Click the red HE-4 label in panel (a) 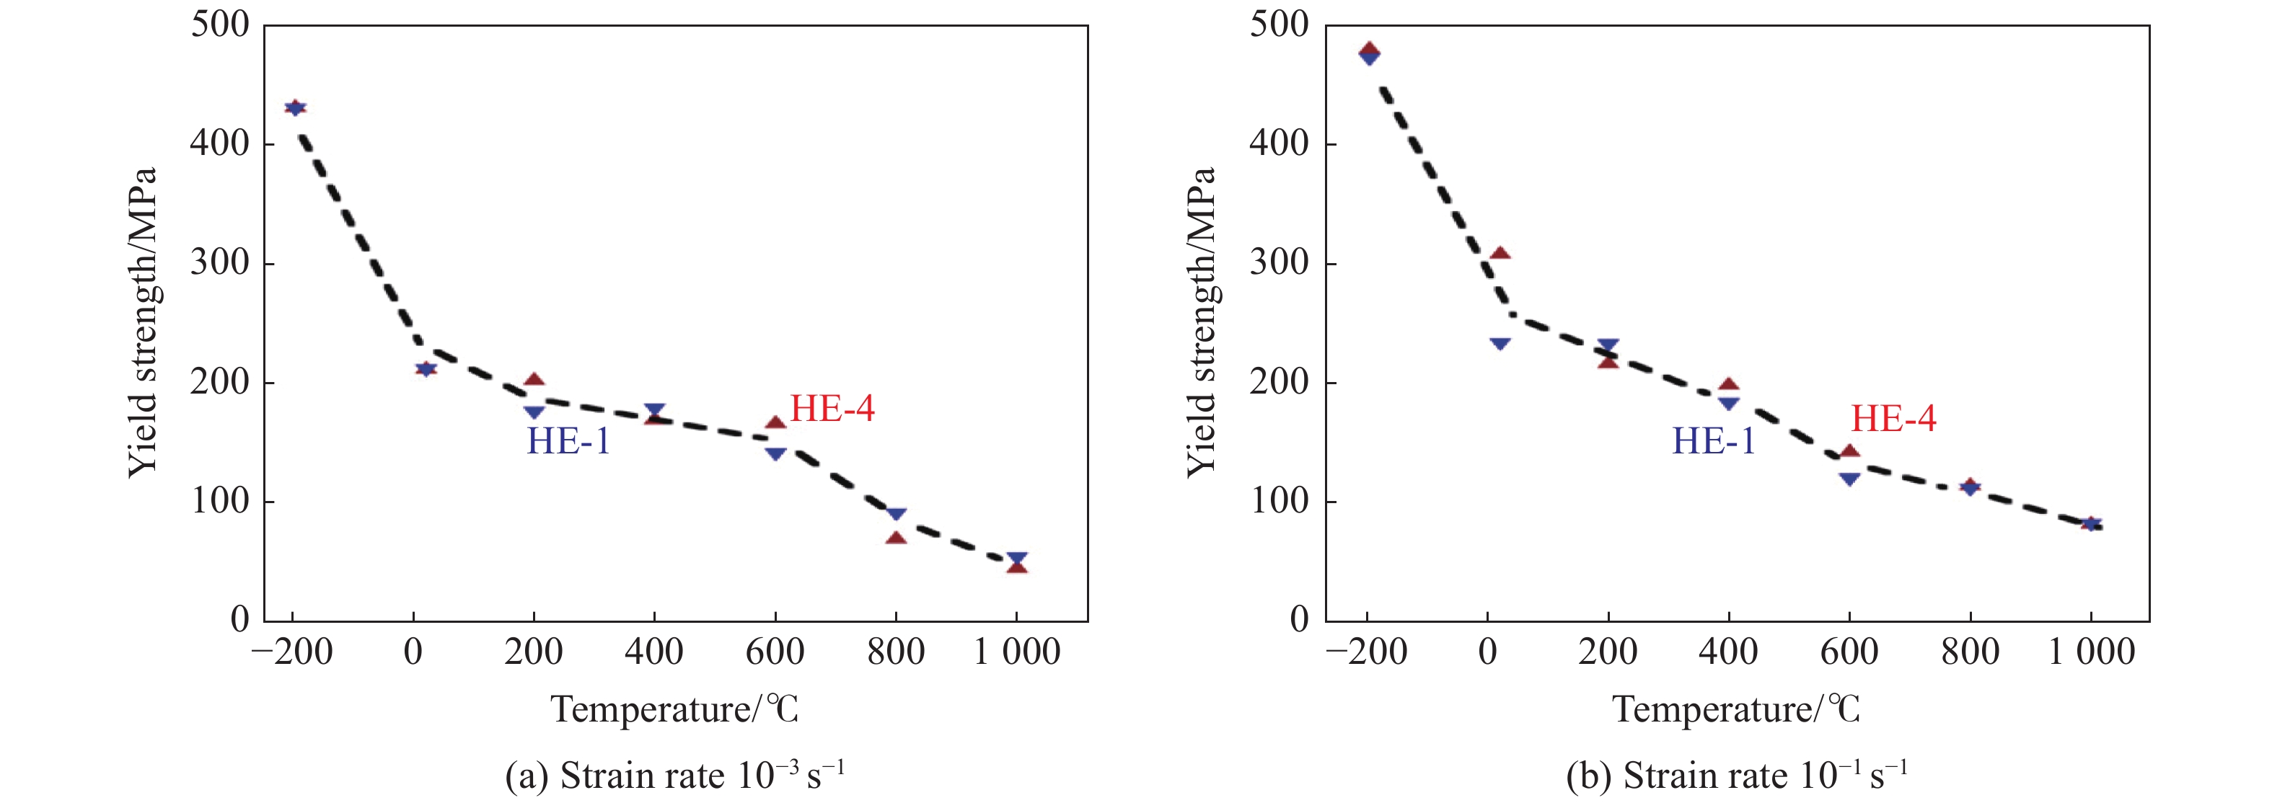tap(832, 409)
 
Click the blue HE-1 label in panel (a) tap(568, 440)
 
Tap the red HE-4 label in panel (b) tap(1893, 419)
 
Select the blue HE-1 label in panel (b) tap(1714, 440)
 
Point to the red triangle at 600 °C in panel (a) tap(775, 423)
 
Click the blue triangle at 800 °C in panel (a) tap(896, 515)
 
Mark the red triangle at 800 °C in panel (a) tap(896, 538)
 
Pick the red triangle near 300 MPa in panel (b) tap(1500, 254)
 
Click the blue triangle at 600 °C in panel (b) tap(1849, 479)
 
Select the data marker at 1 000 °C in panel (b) tap(2090, 523)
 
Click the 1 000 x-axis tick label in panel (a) tap(1016, 653)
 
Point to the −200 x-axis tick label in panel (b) tap(1366, 653)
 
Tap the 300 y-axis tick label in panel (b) tap(1279, 262)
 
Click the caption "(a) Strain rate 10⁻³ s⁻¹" tap(674, 776)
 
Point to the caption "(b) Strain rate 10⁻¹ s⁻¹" tap(1736, 776)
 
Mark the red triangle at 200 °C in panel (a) tap(534, 381)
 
